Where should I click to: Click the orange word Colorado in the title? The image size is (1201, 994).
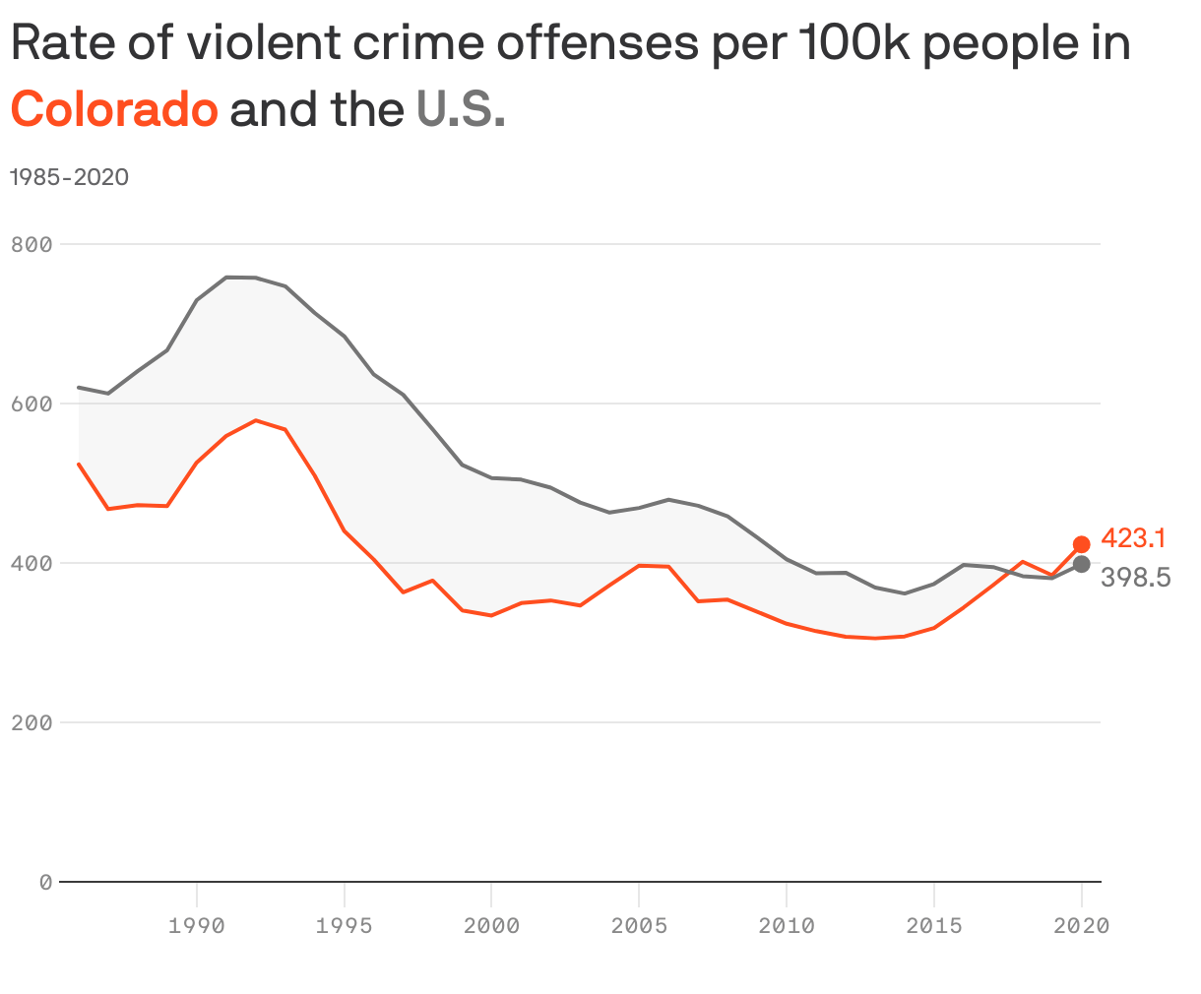click(114, 109)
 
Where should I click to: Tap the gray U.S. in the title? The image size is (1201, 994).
click(461, 109)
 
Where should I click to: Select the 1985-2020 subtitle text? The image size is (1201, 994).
click(70, 177)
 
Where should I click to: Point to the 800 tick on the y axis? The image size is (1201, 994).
click(32, 244)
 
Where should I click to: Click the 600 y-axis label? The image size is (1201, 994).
click(32, 404)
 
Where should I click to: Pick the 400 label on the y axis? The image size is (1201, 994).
click(32, 563)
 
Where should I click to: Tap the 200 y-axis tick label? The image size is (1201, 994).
click(32, 722)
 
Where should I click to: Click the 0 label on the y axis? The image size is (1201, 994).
click(45, 882)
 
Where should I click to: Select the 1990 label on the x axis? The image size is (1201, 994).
click(197, 926)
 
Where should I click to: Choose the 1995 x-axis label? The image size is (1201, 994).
click(344, 926)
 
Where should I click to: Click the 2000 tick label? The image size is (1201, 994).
click(491, 926)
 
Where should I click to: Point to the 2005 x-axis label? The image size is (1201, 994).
click(639, 926)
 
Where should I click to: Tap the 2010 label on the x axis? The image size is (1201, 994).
click(787, 926)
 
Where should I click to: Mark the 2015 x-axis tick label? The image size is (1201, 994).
click(934, 926)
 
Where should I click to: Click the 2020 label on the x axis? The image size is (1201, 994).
click(1081, 926)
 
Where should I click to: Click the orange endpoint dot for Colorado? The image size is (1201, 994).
click(1081, 544)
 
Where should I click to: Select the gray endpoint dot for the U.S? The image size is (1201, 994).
click(1081, 564)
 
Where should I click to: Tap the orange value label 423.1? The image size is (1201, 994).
click(1133, 538)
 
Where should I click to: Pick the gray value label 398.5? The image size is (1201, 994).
click(1135, 578)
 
